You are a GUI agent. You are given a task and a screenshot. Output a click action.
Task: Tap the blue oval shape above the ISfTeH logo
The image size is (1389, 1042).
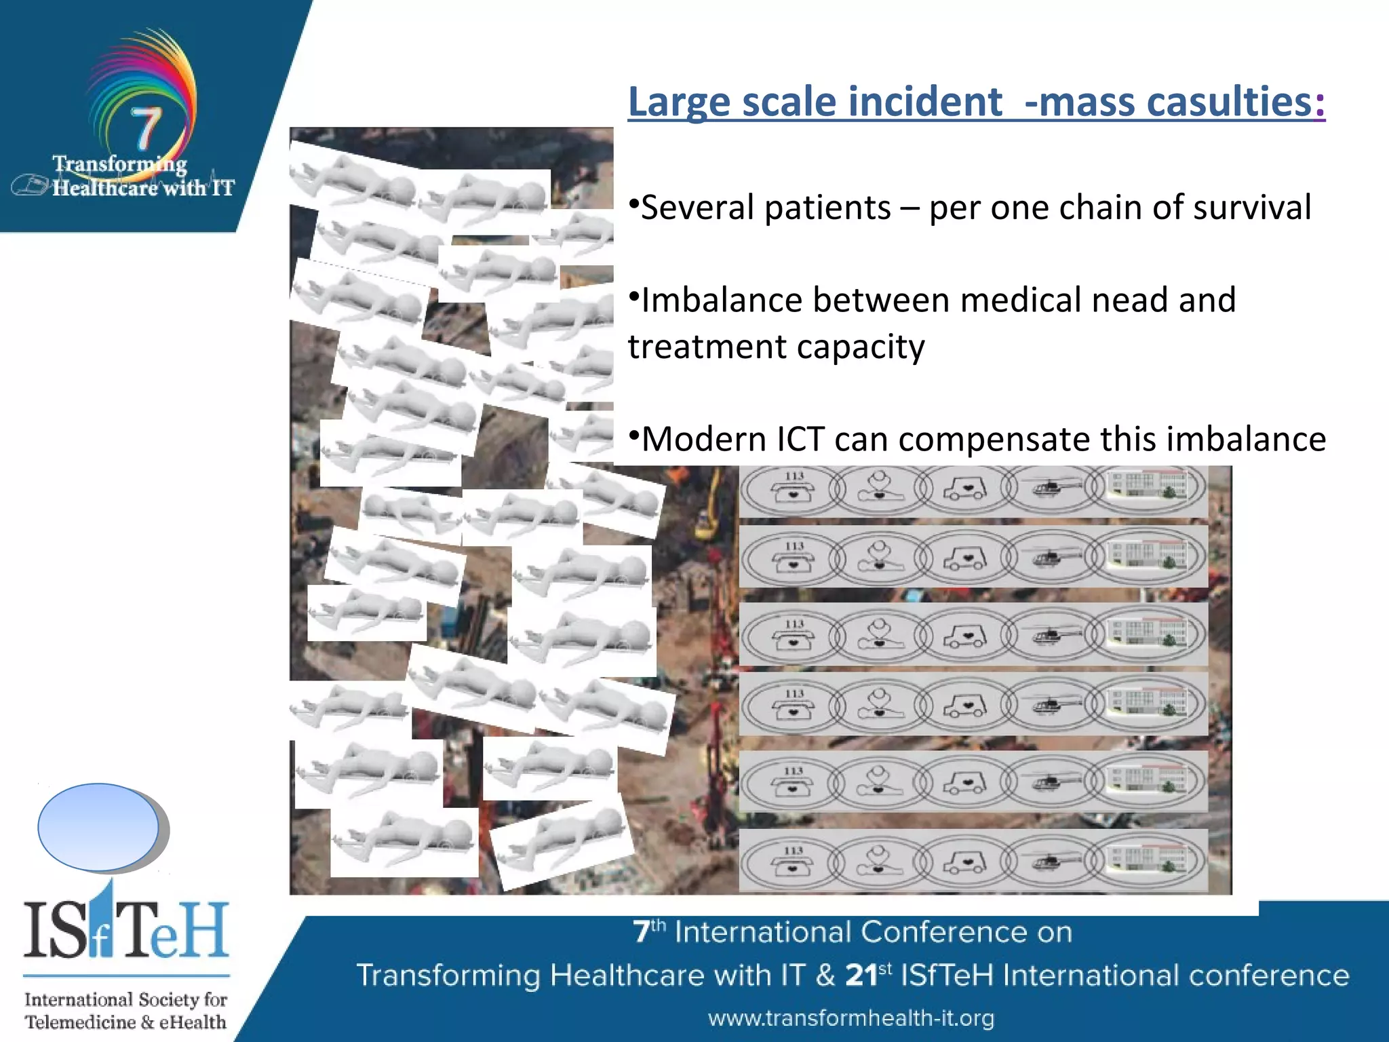point(99,827)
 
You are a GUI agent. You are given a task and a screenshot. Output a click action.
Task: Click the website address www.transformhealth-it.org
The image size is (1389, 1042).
point(851,1018)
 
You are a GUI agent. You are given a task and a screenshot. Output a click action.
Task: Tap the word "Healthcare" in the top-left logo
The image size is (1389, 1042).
point(105,188)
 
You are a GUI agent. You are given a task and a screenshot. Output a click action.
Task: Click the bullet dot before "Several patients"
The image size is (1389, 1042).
point(633,203)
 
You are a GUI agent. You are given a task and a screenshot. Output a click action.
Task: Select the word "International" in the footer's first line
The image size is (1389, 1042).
point(762,933)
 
